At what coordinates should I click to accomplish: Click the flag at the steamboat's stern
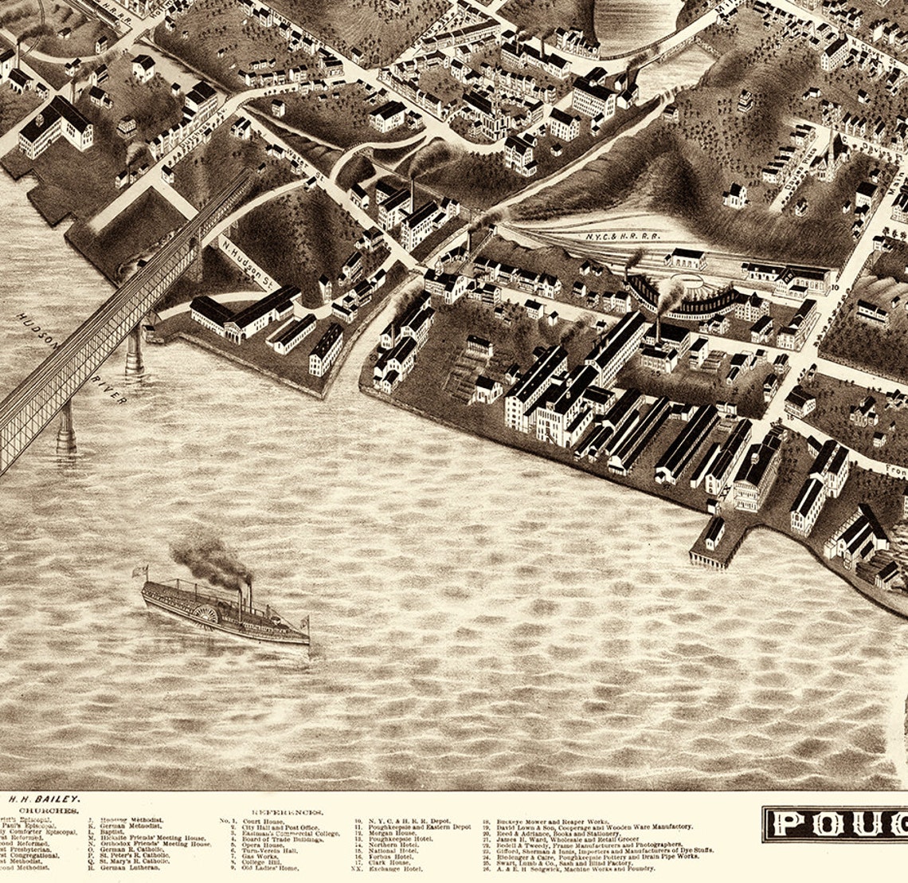(141, 571)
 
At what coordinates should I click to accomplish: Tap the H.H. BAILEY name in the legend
(45, 799)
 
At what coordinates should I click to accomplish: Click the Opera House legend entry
(263, 845)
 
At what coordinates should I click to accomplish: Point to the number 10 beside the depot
(835, 285)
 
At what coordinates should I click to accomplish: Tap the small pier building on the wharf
(712, 532)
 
